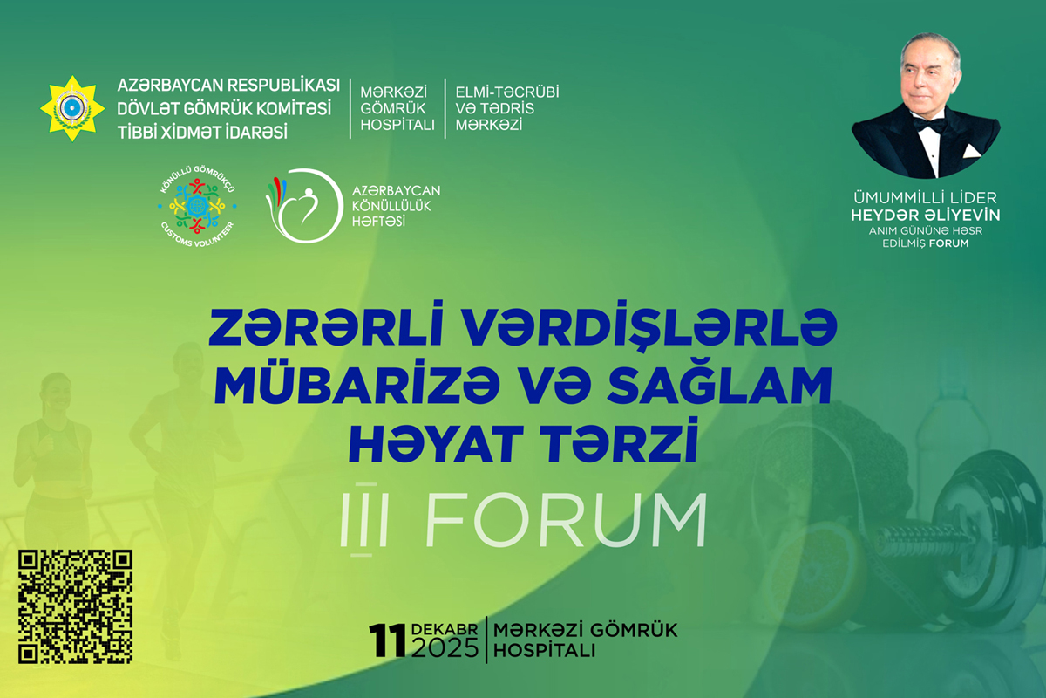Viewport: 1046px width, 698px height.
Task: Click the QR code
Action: coord(75,606)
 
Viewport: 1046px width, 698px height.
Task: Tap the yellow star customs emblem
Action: coord(72,108)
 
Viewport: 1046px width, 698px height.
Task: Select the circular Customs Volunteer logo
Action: coord(197,206)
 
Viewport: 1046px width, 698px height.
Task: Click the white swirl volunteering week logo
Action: coord(304,206)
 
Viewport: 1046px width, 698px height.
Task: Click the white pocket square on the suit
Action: coord(971,151)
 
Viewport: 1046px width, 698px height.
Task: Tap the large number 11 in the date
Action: coord(387,640)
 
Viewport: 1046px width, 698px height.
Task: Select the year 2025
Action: coord(445,648)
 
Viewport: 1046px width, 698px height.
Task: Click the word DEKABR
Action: coord(445,629)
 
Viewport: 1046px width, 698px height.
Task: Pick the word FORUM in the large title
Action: coord(566,520)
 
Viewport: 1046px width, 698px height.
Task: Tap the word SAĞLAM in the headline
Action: coord(720,387)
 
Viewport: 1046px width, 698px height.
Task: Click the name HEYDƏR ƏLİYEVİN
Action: coord(926,215)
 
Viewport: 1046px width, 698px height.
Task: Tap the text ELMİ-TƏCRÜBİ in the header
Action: coord(507,92)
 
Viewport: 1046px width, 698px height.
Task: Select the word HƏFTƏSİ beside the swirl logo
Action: coord(378,221)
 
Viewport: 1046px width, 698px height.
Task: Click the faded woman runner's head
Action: coord(56,392)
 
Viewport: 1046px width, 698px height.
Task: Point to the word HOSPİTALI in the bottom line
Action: coord(545,651)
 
